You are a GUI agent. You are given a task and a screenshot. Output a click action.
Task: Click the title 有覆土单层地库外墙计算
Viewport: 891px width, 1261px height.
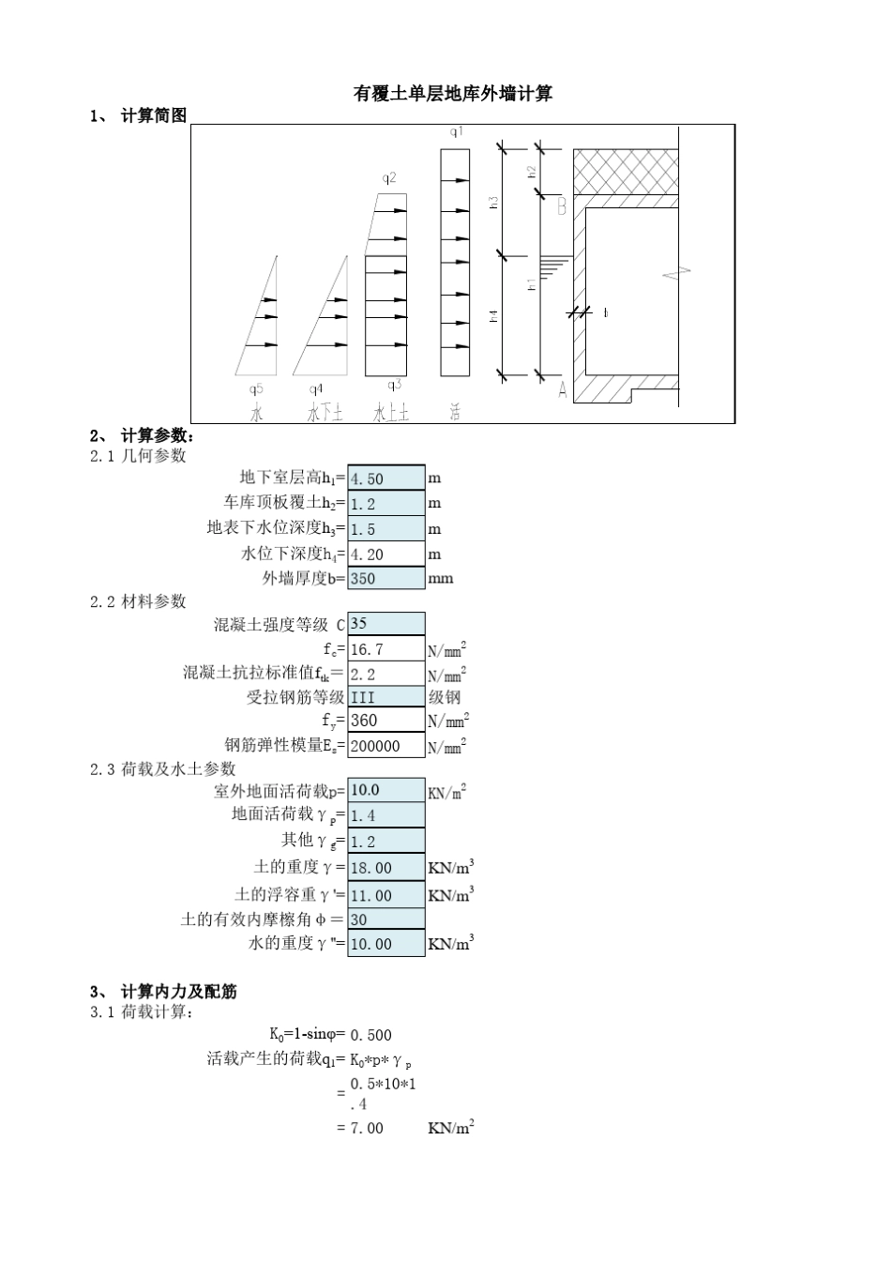452,94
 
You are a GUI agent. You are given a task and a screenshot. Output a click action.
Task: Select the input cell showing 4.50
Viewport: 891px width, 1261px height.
385,479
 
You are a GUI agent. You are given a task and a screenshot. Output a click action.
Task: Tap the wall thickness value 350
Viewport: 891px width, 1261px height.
385,579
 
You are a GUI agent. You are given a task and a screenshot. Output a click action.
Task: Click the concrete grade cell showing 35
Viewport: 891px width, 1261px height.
385,624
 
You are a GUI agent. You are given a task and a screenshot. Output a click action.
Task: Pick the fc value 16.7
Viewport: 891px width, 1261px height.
385,649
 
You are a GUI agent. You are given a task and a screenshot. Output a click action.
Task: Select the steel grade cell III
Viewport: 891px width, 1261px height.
385,697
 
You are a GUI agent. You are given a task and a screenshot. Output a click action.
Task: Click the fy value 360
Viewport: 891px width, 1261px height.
385,721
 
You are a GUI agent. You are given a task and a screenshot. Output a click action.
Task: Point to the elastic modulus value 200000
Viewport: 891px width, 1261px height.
385,746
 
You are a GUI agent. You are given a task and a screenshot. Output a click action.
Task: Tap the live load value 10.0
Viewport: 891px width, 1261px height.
385,791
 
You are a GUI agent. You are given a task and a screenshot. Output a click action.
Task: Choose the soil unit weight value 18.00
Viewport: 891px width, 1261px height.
385,868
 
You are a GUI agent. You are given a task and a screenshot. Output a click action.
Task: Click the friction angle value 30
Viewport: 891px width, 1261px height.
385,920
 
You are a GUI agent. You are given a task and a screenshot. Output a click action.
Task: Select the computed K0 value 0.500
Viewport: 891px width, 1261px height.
370,1035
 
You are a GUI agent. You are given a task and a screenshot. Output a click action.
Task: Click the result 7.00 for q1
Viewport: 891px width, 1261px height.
367,1128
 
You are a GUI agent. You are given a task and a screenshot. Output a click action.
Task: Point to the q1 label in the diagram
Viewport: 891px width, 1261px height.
456,133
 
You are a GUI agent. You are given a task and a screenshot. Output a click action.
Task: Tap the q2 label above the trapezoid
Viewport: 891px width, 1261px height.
389,177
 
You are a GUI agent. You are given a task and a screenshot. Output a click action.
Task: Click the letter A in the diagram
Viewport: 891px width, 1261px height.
563,390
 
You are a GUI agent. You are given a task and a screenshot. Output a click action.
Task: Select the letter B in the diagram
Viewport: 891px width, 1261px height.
562,206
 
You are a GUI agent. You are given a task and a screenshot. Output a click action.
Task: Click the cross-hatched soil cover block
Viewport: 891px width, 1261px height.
626,171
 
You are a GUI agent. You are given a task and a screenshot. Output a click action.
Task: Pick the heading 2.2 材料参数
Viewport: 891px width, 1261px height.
138,601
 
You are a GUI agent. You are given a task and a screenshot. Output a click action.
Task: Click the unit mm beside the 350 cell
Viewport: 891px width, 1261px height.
441,579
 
